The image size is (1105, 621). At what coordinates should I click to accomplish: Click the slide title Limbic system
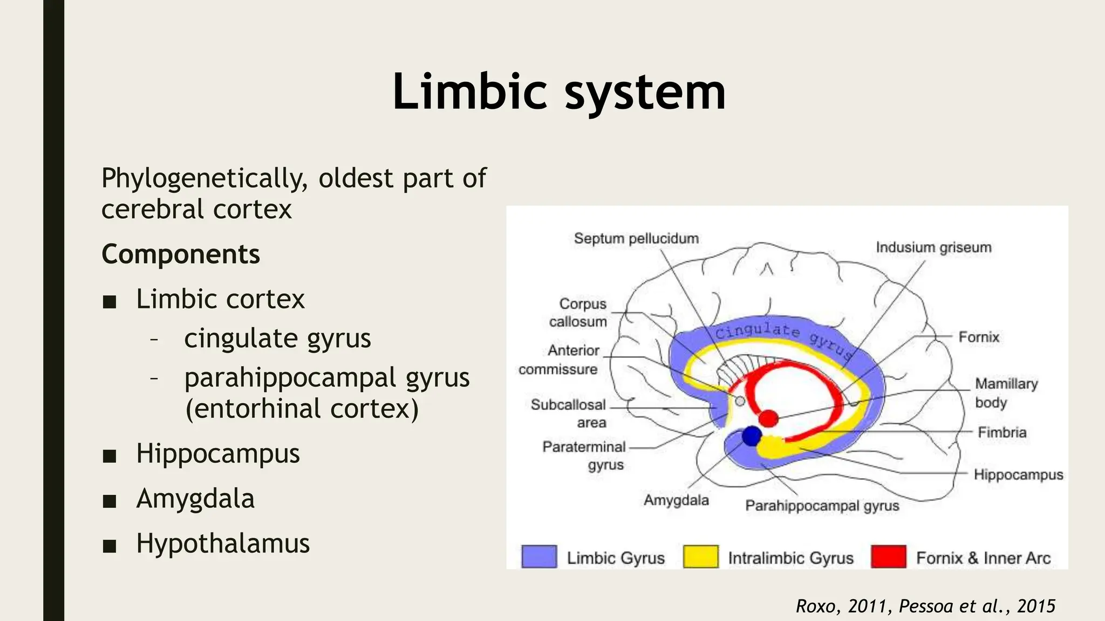click(x=558, y=92)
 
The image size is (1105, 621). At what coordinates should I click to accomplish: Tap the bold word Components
click(x=181, y=254)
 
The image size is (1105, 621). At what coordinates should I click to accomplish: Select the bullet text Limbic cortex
click(x=220, y=299)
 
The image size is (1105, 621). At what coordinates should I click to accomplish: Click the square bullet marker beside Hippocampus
click(x=110, y=456)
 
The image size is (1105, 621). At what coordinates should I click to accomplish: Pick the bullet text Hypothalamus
click(x=223, y=543)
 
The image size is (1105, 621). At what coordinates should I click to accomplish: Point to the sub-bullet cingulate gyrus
click(x=277, y=339)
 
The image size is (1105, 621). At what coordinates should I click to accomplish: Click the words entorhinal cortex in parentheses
click(x=302, y=409)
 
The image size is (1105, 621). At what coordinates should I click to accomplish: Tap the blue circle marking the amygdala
click(x=751, y=436)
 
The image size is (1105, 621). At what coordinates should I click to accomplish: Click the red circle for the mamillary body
click(x=768, y=418)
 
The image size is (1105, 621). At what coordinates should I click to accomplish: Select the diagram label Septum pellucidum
click(x=636, y=238)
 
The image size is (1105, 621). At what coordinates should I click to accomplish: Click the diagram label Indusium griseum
click(x=933, y=247)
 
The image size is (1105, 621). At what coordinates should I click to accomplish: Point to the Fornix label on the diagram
click(x=979, y=337)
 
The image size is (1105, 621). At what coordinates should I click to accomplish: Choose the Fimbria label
click(x=1002, y=432)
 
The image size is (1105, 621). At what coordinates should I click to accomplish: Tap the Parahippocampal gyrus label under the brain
click(x=822, y=506)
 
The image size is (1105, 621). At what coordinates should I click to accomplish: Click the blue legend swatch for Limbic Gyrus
click(x=539, y=557)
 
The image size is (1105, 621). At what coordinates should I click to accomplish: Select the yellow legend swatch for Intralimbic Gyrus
click(x=700, y=557)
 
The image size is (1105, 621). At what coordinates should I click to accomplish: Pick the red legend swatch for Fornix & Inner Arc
click(x=888, y=557)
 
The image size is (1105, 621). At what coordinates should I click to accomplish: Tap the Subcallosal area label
click(x=569, y=413)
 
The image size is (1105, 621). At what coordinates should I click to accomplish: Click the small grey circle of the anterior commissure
click(x=740, y=401)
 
